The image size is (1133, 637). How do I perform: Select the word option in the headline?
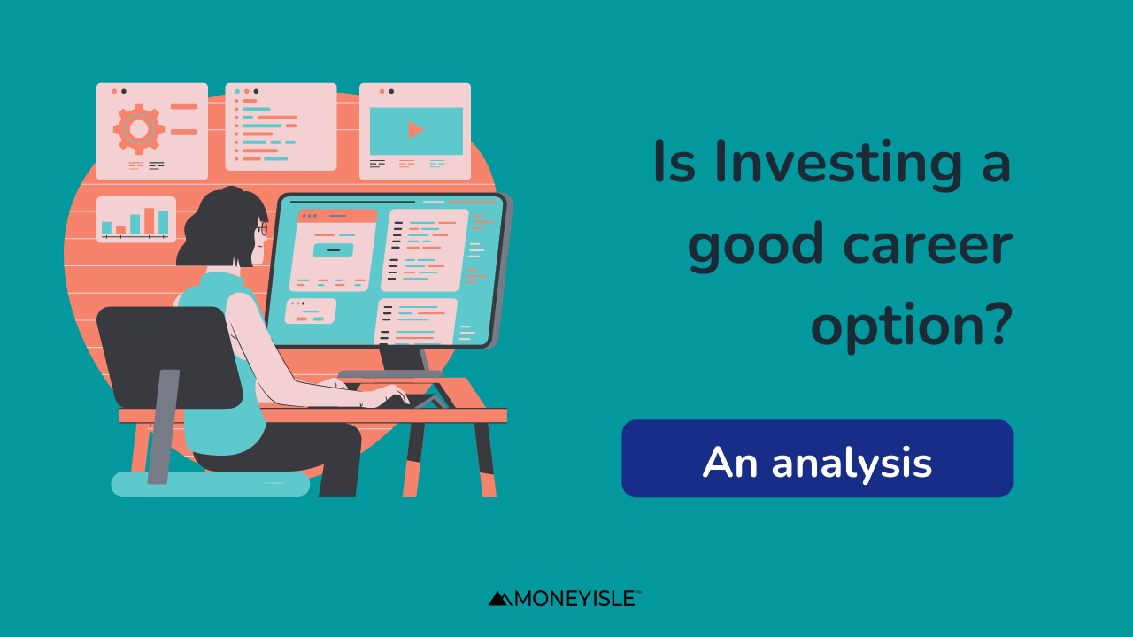[890, 326]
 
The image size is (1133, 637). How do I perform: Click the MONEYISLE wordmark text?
[575, 599]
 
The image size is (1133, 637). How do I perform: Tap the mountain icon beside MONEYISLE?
[500, 599]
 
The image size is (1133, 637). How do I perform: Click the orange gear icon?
[139, 129]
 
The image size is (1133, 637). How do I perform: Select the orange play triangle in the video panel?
[415, 130]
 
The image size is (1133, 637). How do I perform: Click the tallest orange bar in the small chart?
[150, 221]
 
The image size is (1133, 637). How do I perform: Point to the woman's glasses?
[262, 229]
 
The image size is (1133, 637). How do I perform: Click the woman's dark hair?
[222, 226]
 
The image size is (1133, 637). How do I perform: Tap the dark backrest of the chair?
[169, 357]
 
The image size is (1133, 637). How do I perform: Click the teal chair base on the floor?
[210, 484]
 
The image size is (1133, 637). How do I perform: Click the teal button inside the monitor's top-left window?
[334, 249]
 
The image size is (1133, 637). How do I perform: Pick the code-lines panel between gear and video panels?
[281, 127]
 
